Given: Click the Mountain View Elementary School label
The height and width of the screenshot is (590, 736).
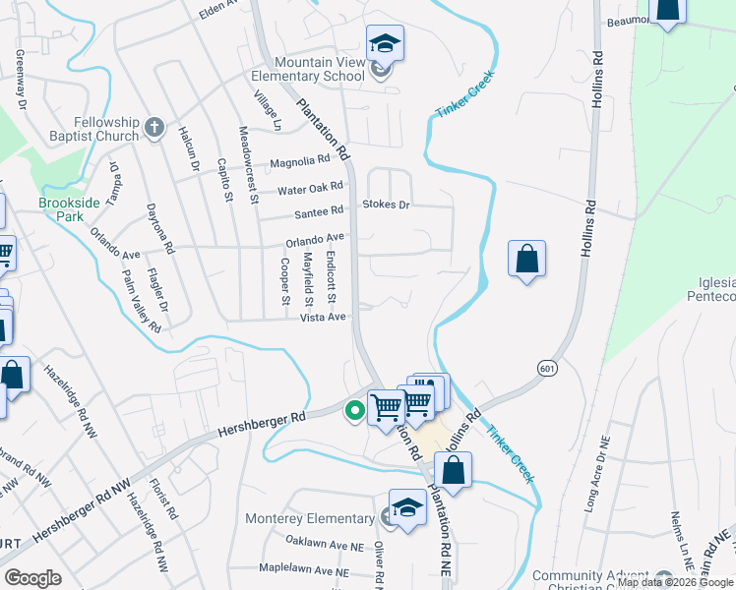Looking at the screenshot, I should coord(305,68).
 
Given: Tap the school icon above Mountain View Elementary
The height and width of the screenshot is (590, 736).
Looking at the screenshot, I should coord(385,44).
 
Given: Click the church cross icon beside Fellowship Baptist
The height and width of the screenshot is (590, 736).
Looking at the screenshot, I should coord(153,127).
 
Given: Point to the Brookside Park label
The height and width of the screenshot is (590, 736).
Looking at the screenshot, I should coord(64,208).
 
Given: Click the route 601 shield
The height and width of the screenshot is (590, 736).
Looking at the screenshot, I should coord(548,367).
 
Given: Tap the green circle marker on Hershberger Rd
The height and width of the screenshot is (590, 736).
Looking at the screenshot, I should coord(351,411).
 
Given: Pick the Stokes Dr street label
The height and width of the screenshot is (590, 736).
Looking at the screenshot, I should coord(385,205).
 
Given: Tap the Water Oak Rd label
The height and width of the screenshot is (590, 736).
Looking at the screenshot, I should coord(311,187).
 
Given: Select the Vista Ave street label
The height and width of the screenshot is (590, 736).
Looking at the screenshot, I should coord(325,317).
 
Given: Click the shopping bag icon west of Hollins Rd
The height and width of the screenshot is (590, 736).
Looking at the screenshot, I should coord(527,260).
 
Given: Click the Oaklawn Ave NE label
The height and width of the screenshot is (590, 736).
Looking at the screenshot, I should coord(325,542).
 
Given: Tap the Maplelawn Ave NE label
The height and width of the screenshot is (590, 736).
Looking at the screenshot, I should coord(304,569).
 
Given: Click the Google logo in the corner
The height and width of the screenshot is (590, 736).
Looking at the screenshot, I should coord(32,578).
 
